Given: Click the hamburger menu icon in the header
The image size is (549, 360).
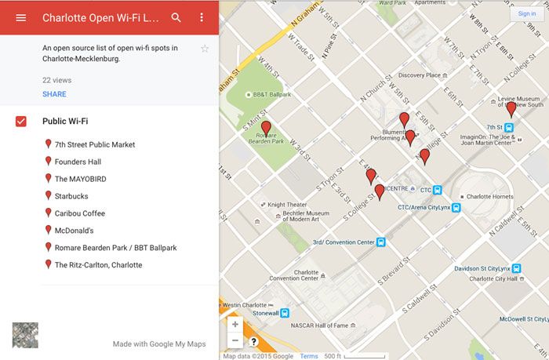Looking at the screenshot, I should (21, 17).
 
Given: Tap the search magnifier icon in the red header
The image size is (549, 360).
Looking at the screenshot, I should (176, 17).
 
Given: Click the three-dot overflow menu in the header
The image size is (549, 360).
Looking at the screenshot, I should (202, 17).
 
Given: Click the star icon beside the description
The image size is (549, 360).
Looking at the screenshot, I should (205, 49).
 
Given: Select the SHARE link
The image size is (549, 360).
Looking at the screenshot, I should (54, 94).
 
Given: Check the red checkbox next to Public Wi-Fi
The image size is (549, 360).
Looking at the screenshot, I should (21, 121).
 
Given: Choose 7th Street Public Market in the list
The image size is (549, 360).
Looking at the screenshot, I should (95, 144).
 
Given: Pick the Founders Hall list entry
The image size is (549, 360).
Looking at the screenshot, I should (78, 162).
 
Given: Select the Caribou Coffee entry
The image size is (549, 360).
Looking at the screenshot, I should (79, 213).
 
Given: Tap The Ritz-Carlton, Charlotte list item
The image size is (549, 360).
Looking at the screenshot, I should (98, 265).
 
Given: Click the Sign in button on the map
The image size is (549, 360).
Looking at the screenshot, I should (527, 13).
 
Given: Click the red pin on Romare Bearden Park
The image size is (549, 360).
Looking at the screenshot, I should (266, 128).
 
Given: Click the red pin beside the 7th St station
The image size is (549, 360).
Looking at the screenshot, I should (511, 109).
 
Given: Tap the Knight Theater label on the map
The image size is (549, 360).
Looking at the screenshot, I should (287, 205).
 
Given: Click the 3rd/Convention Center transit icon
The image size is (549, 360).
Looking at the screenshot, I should (380, 242).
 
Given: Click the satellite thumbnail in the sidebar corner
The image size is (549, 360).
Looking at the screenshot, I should (25, 335).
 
